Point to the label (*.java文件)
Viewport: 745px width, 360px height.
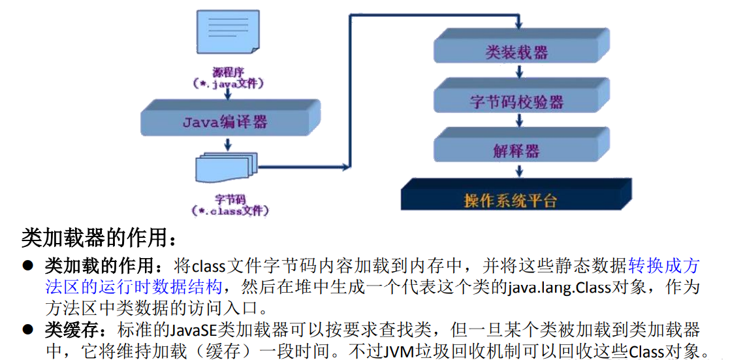click(229, 84)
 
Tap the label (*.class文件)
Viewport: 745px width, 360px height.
click(230, 210)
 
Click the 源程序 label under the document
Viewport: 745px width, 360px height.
click(227, 71)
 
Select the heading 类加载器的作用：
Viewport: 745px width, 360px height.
click(99, 238)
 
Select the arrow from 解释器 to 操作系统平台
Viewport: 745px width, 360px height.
click(519, 171)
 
